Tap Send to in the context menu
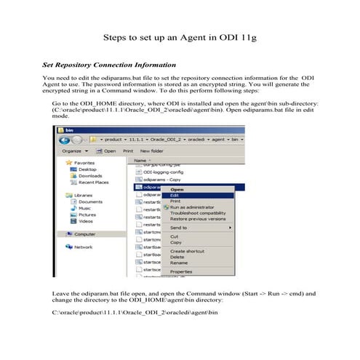pos(180,227)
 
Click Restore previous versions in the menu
pos(197,217)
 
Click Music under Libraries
pos(85,207)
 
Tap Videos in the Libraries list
pos(86,220)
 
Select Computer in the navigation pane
pos(87,233)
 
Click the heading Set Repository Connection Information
pos(109,65)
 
